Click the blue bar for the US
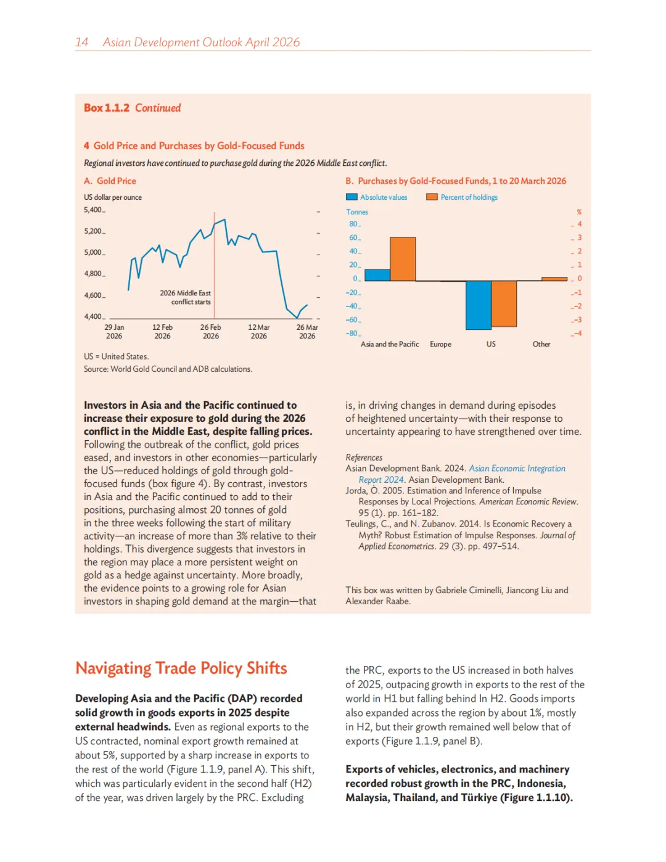479,305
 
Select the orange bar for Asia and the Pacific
403,259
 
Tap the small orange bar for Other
554,279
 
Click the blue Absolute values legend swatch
351,197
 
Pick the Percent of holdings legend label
469,197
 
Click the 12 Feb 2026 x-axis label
162,332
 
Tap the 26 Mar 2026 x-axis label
307,332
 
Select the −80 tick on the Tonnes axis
351,334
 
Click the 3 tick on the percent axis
579,237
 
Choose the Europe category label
440,344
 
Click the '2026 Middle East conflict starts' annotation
186,297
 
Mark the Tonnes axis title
357,212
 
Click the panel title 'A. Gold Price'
110,181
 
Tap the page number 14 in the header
81,42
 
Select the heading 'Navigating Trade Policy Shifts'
181,668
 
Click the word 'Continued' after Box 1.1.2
158,108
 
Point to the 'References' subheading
364,458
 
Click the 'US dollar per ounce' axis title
113,197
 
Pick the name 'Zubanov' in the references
433,524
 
